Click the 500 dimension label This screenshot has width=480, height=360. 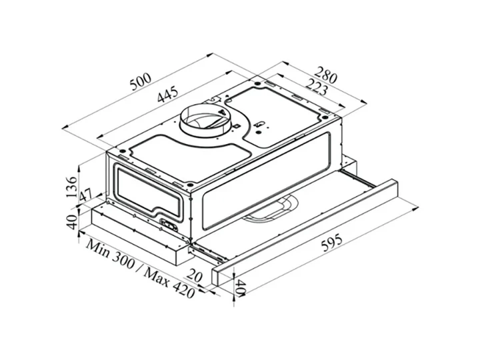[141, 82]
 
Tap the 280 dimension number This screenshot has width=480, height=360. [325, 75]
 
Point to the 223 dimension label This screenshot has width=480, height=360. [316, 87]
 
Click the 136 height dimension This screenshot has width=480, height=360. [71, 187]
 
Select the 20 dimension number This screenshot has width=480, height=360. [195, 275]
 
